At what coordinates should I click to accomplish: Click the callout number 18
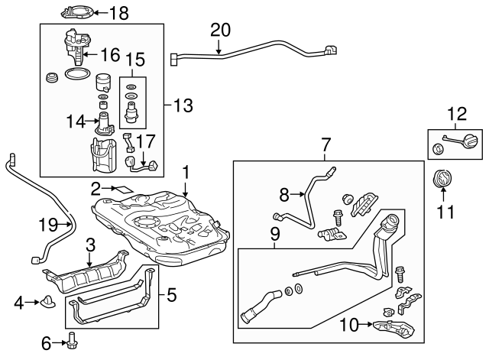tap(119, 13)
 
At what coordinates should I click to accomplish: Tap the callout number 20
tap(220, 30)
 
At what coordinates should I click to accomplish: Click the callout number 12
tap(456, 115)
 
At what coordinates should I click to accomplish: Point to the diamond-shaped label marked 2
tap(122, 187)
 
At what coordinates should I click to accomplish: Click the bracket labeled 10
tap(395, 329)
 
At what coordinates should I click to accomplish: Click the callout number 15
tap(134, 59)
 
